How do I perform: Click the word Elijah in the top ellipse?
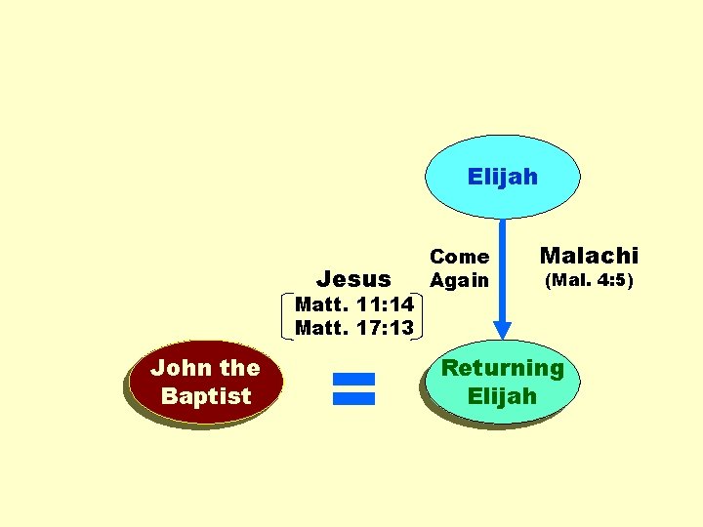click(502, 177)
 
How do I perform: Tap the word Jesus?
click(354, 280)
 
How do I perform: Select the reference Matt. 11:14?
click(353, 306)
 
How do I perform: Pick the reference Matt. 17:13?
click(353, 328)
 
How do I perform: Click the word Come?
click(460, 257)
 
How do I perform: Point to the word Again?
click(460, 281)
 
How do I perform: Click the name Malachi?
click(589, 256)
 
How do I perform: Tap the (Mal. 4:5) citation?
click(589, 281)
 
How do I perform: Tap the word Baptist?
click(206, 396)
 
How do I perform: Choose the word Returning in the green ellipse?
click(503, 368)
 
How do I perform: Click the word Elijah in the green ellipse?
click(503, 396)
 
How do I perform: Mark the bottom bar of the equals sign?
click(353, 396)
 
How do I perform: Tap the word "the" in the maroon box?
click(239, 368)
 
